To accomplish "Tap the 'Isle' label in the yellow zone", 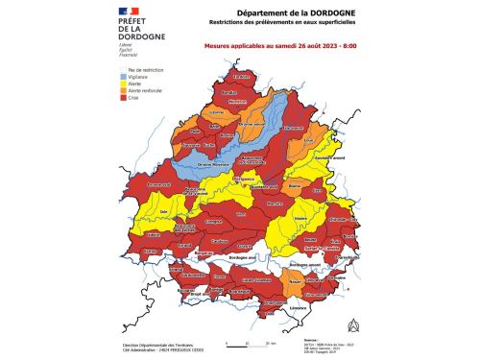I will point(164,209).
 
